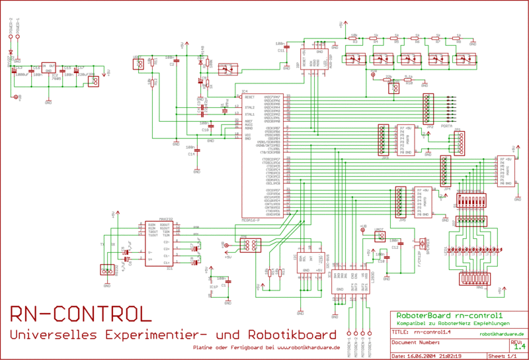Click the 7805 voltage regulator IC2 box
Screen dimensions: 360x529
[48, 67]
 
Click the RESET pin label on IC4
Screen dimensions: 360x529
[250, 96]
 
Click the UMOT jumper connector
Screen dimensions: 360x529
[380, 236]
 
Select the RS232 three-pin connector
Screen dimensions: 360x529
[106, 269]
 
